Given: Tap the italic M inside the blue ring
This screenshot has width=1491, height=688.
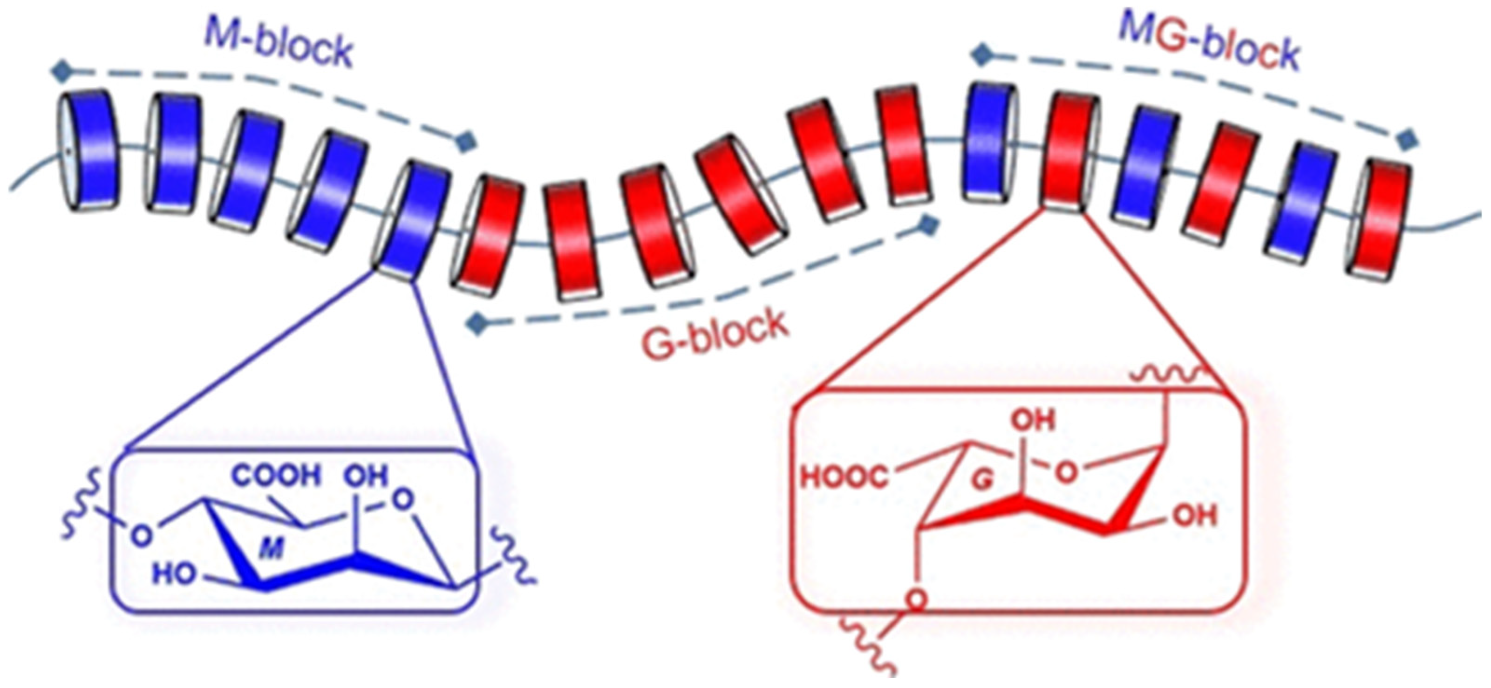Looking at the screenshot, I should [272, 549].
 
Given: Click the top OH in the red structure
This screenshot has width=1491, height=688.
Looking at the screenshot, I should [1033, 421].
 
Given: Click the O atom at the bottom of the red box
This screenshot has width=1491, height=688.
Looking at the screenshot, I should [915, 599].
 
